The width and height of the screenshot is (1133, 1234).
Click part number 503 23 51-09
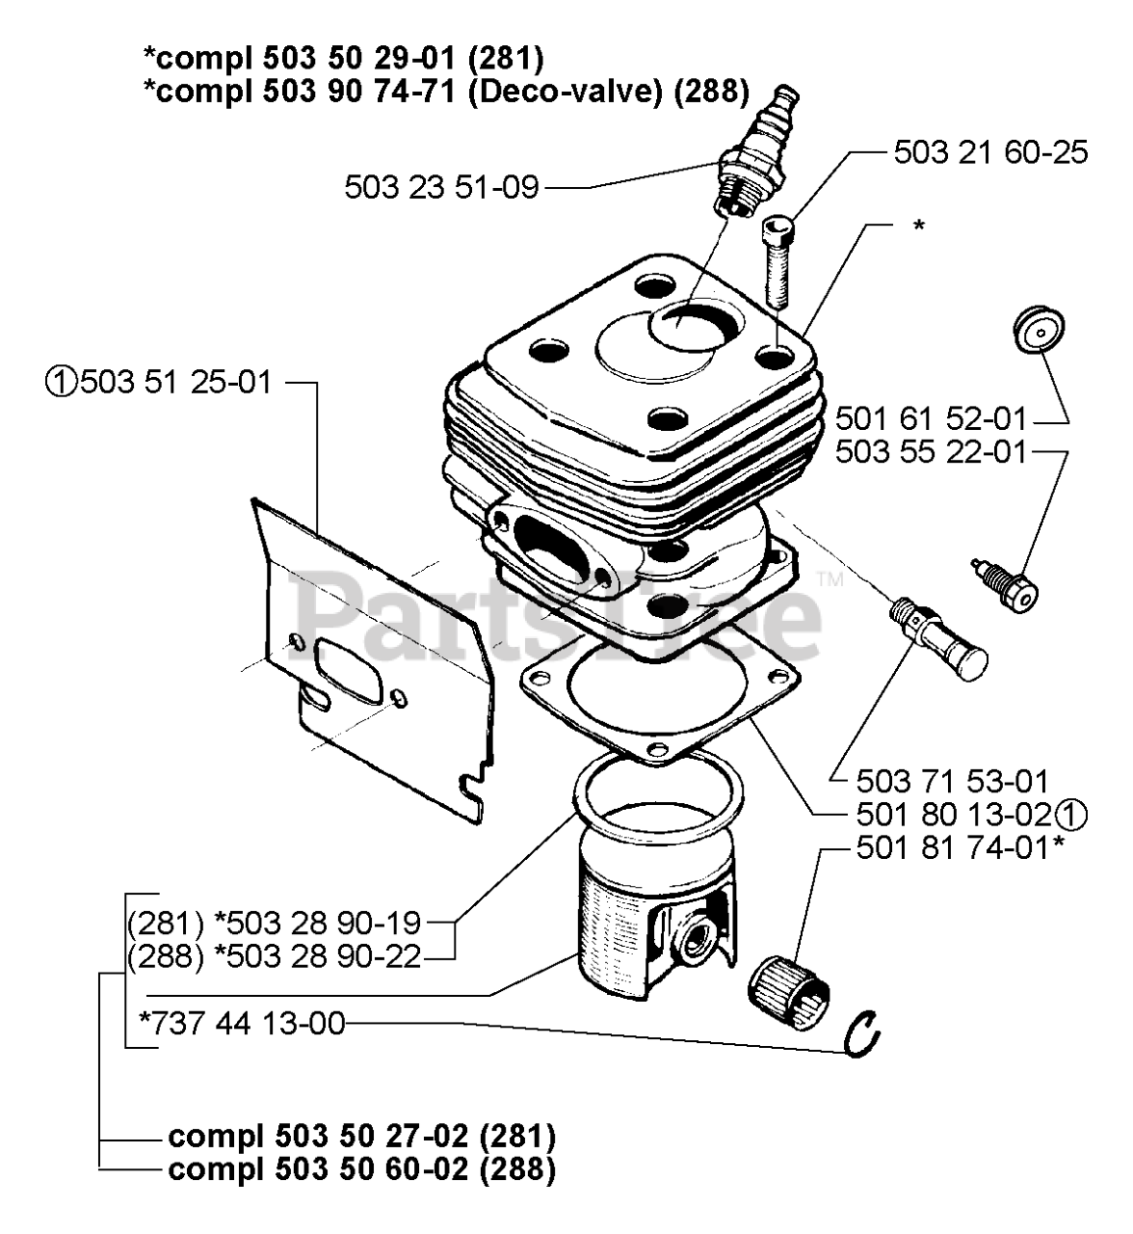click(441, 187)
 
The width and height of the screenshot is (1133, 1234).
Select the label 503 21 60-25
click(990, 152)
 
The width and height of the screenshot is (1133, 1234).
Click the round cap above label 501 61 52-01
click(1036, 331)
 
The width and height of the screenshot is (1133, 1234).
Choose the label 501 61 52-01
click(931, 419)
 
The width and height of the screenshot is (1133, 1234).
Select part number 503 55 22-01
click(931, 451)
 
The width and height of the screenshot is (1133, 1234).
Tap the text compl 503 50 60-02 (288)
click(361, 1169)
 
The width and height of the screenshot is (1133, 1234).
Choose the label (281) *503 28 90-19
click(275, 924)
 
